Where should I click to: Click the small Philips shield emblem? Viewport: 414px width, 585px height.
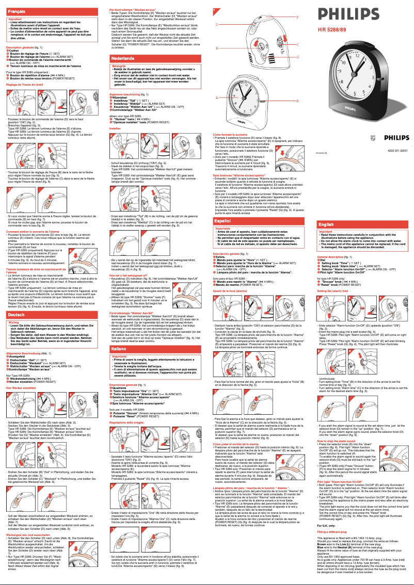[x=323, y=153]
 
